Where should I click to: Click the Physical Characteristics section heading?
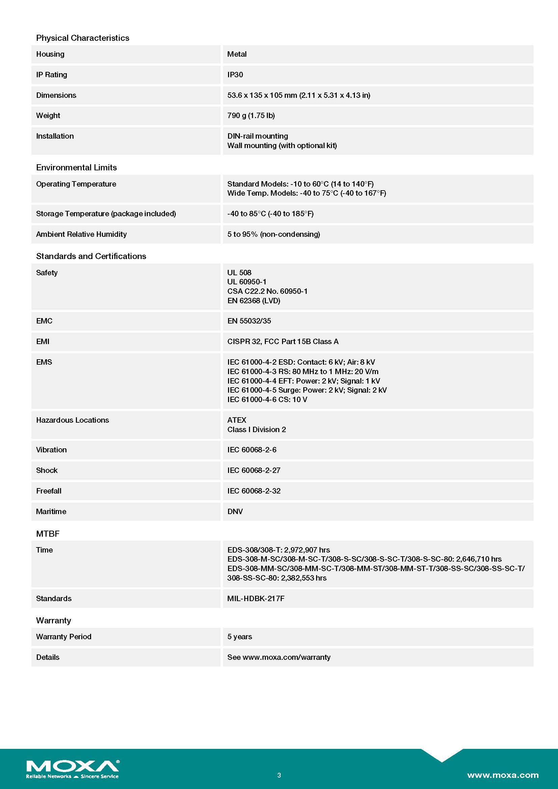click(x=82, y=38)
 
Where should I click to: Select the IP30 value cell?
click(x=235, y=75)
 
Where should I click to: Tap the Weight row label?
click(x=48, y=115)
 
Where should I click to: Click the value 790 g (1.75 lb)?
click(x=251, y=115)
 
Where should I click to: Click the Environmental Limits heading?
click(x=76, y=167)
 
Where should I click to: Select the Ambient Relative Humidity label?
click(x=81, y=234)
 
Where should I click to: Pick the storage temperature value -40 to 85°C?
click(x=270, y=214)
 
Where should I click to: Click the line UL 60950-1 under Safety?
click(x=247, y=282)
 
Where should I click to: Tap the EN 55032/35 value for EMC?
click(x=249, y=320)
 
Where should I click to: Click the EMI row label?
click(x=43, y=341)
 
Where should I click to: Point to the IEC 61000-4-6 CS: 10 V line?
click(x=267, y=399)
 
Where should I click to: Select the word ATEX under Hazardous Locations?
click(x=237, y=420)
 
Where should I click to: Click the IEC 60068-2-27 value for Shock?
click(x=254, y=470)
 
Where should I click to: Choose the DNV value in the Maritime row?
click(x=235, y=511)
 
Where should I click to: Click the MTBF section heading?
click(x=48, y=533)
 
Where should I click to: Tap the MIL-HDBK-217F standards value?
click(x=256, y=598)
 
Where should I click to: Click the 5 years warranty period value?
click(x=240, y=637)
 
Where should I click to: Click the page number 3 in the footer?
click(x=279, y=775)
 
